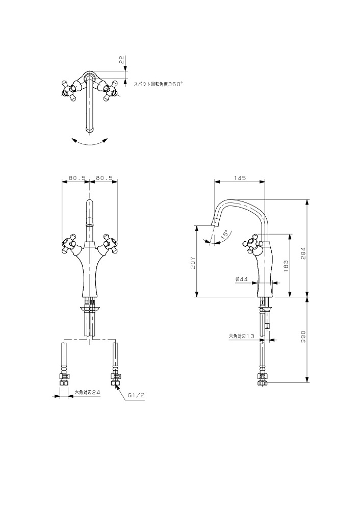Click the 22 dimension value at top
pos(121,60)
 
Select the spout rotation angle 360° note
pos(159,84)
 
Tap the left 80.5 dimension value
pos(77,178)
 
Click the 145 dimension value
pos(240,178)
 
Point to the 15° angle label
pos(224,236)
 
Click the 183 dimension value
pos(286,266)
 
